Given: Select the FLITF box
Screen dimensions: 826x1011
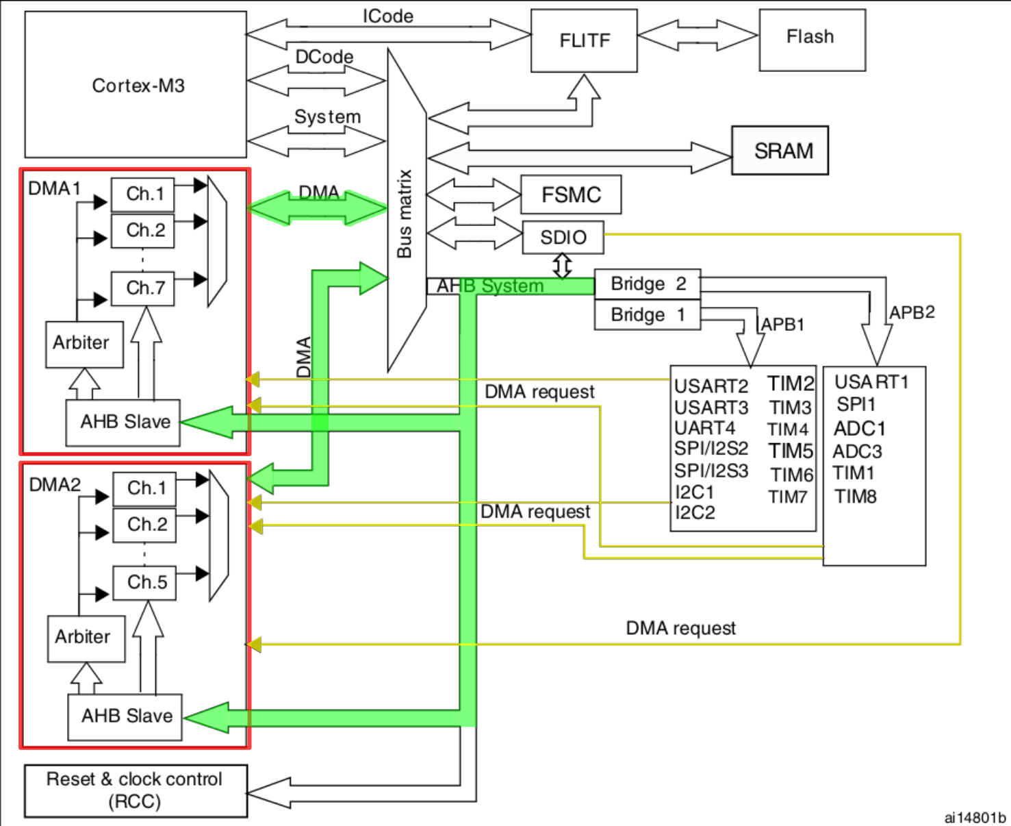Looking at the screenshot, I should pyautogui.click(x=584, y=40).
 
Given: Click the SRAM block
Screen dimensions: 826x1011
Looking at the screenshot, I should pyautogui.click(x=780, y=151).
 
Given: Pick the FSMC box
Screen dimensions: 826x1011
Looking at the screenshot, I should pyautogui.click(x=571, y=195).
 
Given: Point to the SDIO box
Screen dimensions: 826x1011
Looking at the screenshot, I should pyautogui.click(x=563, y=237).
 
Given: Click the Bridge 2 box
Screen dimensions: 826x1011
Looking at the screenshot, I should pyautogui.click(x=647, y=284).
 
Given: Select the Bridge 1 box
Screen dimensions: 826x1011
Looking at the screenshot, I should pyautogui.click(x=647, y=314).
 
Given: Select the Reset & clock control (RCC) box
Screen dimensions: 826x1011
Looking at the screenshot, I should pyautogui.click(x=136, y=790).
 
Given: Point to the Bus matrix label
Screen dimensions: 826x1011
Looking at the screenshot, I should pyautogui.click(x=405, y=214).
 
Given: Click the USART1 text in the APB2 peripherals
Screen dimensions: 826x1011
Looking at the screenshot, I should pyautogui.click(x=871, y=381).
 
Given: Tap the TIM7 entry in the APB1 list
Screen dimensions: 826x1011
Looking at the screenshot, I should pyautogui.click(x=788, y=497).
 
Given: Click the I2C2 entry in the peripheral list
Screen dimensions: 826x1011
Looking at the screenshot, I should pyautogui.click(x=695, y=512).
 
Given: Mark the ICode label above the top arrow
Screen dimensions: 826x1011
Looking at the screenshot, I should pyautogui.click(x=387, y=16).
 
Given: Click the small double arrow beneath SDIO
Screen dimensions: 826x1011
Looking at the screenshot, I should pyautogui.click(x=562, y=266).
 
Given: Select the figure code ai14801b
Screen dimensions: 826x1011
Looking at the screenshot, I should pyautogui.click(x=974, y=817).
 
